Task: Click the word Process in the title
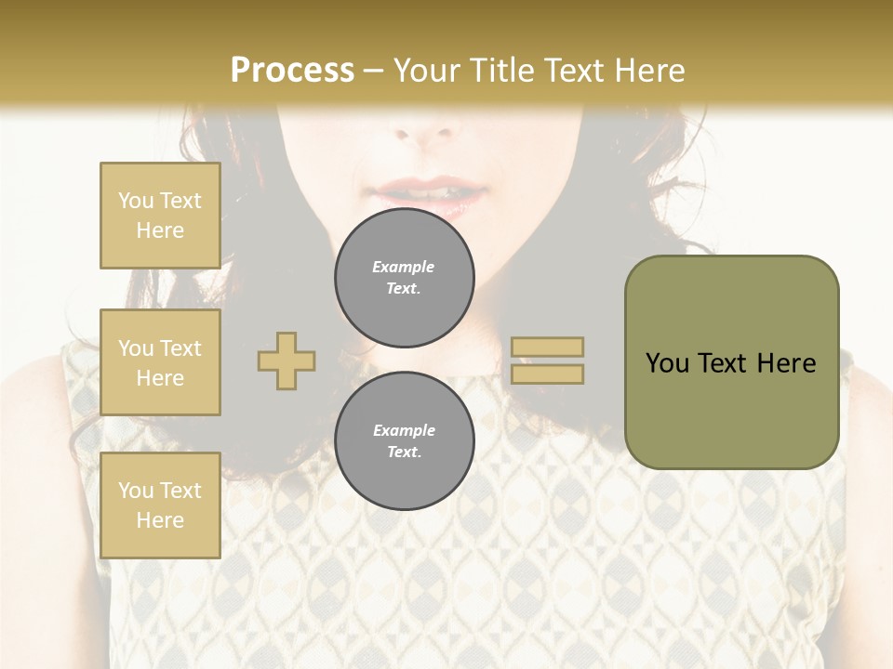click(292, 71)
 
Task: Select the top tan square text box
click(160, 216)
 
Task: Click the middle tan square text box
click(160, 362)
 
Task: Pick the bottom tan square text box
click(160, 505)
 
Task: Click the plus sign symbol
click(287, 361)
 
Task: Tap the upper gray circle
click(405, 278)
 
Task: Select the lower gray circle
click(405, 441)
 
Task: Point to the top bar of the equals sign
click(548, 347)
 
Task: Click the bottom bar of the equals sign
click(548, 374)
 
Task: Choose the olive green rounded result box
click(731, 362)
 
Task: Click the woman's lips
click(430, 194)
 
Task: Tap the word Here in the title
click(646, 71)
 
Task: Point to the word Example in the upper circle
click(404, 267)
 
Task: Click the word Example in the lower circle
click(404, 430)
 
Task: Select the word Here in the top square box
click(160, 230)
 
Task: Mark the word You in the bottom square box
click(136, 491)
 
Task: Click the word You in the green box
click(667, 363)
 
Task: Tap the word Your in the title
click(430, 71)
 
